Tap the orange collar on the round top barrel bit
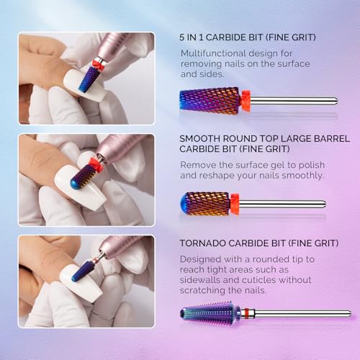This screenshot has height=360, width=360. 235,204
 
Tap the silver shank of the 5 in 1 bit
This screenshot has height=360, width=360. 288,101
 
